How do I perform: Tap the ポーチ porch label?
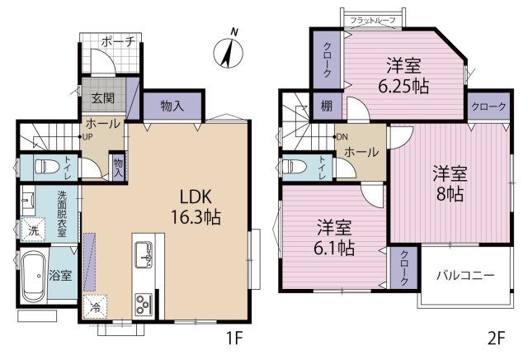click(118, 42)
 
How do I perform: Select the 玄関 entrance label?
click(103, 97)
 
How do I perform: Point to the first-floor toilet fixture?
click(47, 166)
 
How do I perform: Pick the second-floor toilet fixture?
click(294, 166)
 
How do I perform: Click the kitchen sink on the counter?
click(144, 254)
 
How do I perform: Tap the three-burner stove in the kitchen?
click(144, 305)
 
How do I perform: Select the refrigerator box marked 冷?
click(96, 306)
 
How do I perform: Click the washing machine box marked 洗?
click(33, 230)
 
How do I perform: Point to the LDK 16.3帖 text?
click(196, 207)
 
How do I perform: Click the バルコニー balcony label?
click(465, 276)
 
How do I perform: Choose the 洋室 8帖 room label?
click(450, 183)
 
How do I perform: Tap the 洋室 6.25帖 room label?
click(403, 75)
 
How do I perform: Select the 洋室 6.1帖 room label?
click(334, 238)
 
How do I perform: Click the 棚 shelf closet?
click(327, 106)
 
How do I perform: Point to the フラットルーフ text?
click(373, 20)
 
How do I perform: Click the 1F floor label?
click(234, 338)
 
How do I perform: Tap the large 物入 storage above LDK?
click(172, 106)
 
